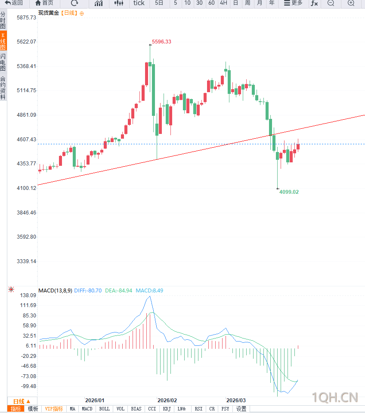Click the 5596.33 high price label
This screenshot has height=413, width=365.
pos(161,42)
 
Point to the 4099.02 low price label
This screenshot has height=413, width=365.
pos(289,192)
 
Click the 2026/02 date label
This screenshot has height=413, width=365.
pos(167,400)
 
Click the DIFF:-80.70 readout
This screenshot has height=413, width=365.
pos(88,291)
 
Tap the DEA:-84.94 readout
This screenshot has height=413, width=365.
pos(118,291)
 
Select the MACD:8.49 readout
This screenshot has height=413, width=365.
pos(149,291)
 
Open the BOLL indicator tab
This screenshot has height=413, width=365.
pos(104,409)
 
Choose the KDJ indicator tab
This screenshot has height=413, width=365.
pos(167,409)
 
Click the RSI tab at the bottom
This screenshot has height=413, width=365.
pos(198,409)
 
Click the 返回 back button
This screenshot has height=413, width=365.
pos(14,3)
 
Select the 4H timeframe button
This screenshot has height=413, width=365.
pos(223,3)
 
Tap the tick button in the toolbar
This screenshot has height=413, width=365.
pos(139,3)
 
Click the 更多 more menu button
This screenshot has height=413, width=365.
pos(293,3)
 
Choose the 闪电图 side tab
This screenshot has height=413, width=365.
pos(3,63)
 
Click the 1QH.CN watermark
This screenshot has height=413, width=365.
pos(334,396)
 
